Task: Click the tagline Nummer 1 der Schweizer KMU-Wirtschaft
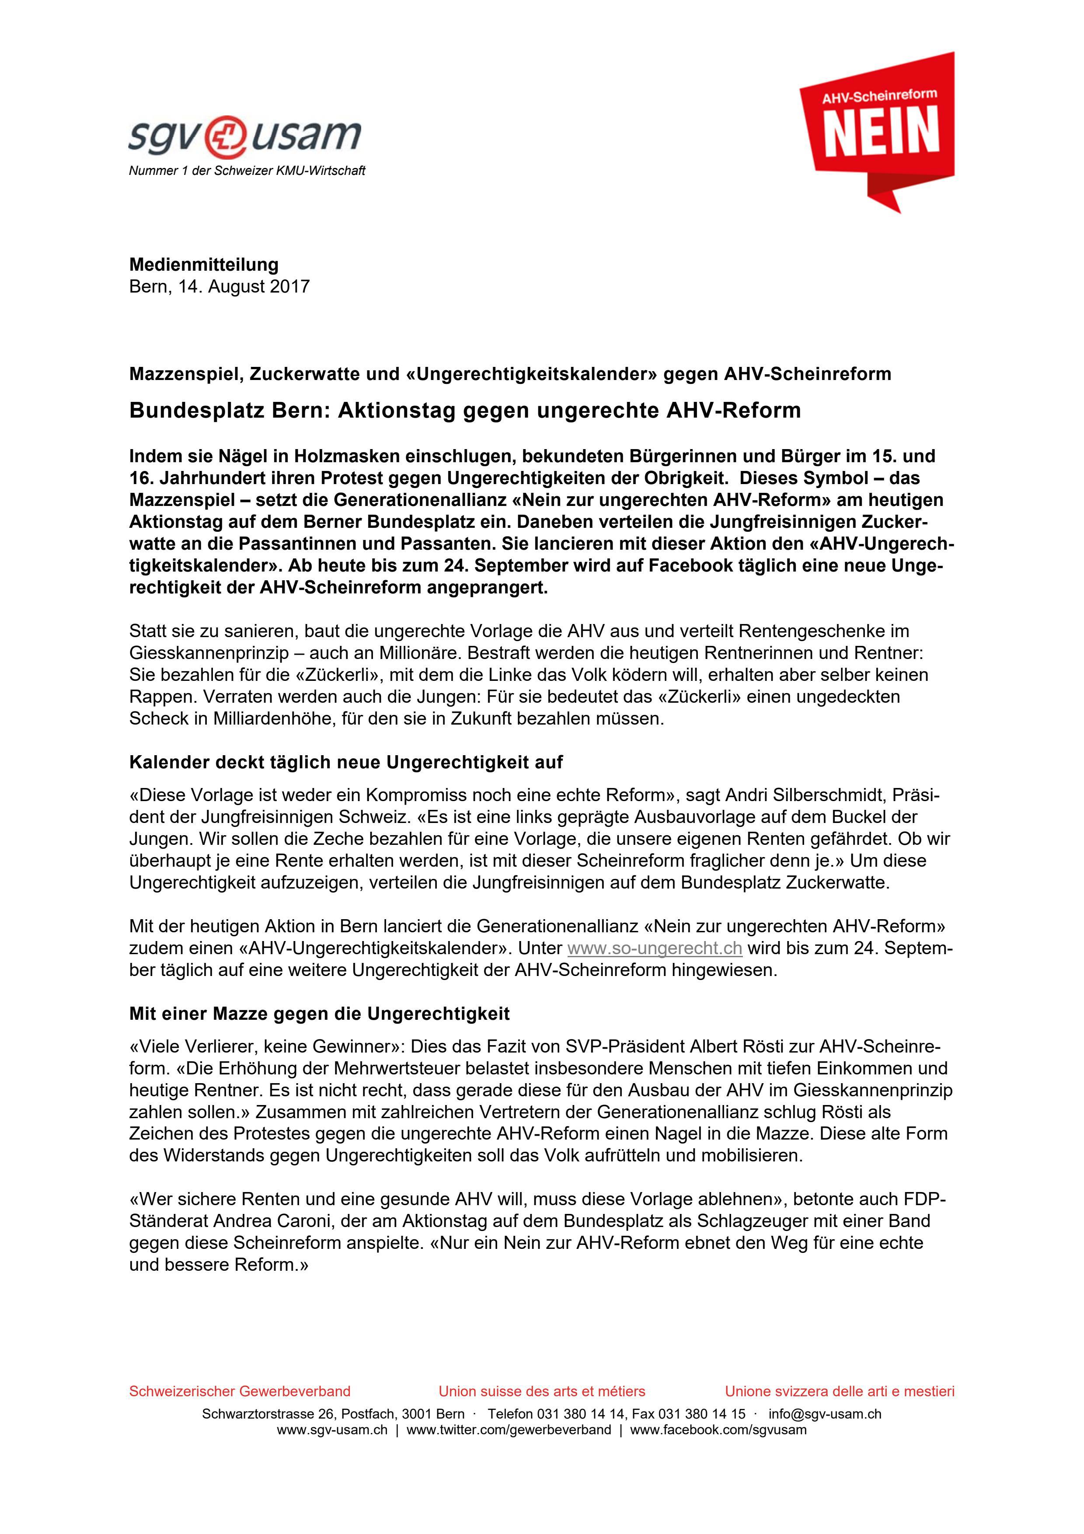coord(247,171)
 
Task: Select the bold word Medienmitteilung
coord(204,265)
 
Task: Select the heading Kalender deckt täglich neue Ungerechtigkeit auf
coord(346,762)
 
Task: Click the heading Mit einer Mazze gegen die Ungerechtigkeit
coord(319,1014)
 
